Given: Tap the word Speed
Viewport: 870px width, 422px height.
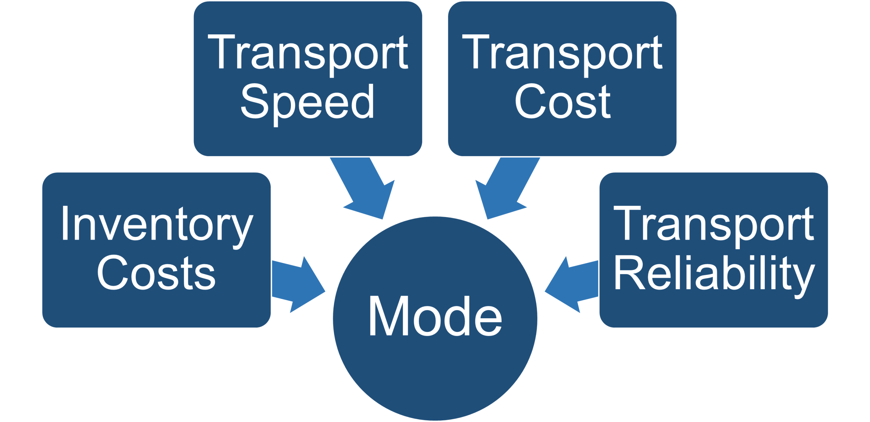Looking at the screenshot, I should (308, 102).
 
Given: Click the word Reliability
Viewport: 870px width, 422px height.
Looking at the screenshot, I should (714, 274).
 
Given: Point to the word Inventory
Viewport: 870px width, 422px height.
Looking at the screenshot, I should (156, 224).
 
